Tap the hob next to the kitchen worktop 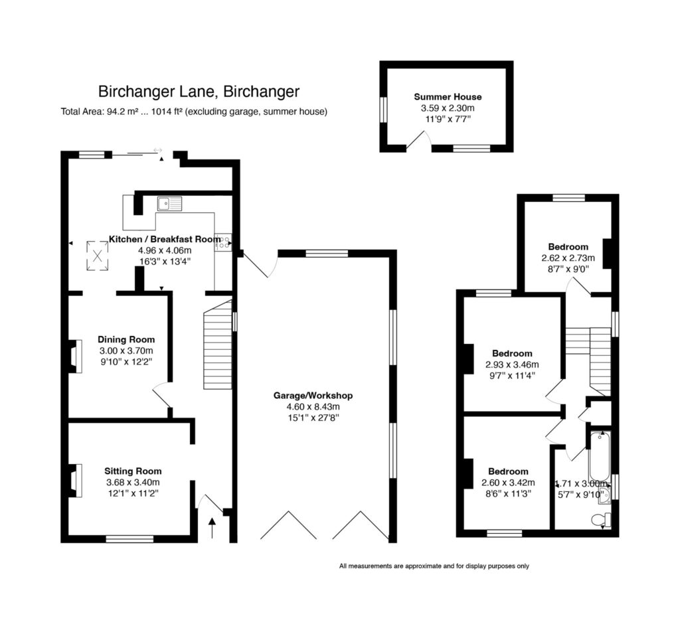(x=222, y=243)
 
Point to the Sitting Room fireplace (x=75, y=480)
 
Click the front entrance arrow (x=212, y=528)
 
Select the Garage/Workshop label (x=313, y=396)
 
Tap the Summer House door (x=420, y=139)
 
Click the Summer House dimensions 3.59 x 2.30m (x=448, y=108)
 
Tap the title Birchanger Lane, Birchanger (x=199, y=91)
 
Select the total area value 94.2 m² (x=123, y=112)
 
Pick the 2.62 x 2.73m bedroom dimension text (x=568, y=258)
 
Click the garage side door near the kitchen (x=258, y=265)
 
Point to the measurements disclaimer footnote (x=434, y=566)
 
